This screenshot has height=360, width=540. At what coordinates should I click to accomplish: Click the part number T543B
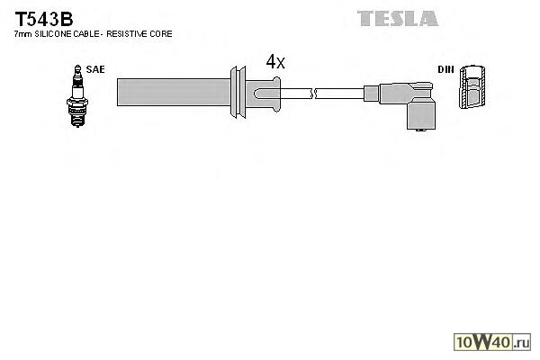43,18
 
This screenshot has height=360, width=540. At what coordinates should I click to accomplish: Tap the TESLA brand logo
397,18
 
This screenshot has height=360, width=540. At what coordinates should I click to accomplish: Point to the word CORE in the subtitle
161,33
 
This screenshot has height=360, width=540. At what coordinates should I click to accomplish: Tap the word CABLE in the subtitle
89,33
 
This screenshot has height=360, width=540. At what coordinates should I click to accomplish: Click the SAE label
95,68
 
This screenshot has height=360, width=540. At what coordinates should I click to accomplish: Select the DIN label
445,68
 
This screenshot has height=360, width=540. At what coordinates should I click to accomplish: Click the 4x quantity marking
275,61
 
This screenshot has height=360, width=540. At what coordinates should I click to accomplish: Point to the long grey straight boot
171,91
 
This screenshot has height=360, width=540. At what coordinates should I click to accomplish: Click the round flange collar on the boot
238,91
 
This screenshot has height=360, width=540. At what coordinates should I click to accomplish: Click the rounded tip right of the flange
267,91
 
